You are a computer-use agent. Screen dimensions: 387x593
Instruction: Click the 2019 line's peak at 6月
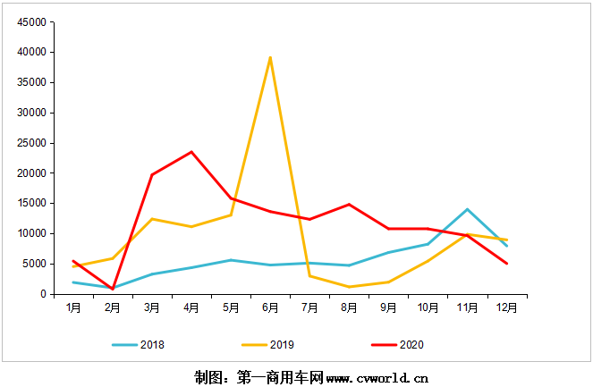(x=270, y=57)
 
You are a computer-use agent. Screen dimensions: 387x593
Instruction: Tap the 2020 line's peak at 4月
(x=191, y=152)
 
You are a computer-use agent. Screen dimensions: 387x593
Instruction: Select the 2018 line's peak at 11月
(x=467, y=209)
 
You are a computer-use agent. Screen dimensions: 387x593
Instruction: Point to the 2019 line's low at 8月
(x=349, y=287)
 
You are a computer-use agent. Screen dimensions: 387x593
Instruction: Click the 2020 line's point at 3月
(x=152, y=174)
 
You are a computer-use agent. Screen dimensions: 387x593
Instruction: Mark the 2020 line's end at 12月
(x=506, y=264)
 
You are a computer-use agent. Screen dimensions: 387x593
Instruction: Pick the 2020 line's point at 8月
(x=349, y=205)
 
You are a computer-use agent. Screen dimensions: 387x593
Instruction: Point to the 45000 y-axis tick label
(x=33, y=22)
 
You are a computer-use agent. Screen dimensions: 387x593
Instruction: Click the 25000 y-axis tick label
(x=33, y=143)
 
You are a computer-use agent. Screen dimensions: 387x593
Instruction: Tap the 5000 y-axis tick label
(x=36, y=264)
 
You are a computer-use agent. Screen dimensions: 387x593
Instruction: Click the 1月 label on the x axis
(x=73, y=307)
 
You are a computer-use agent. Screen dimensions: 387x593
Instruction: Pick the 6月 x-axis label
(x=270, y=307)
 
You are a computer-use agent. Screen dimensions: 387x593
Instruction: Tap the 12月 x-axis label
(x=506, y=307)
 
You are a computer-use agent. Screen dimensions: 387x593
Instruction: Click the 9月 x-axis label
(x=388, y=307)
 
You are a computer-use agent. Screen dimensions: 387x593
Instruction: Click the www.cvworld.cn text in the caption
(x=377, y=377)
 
